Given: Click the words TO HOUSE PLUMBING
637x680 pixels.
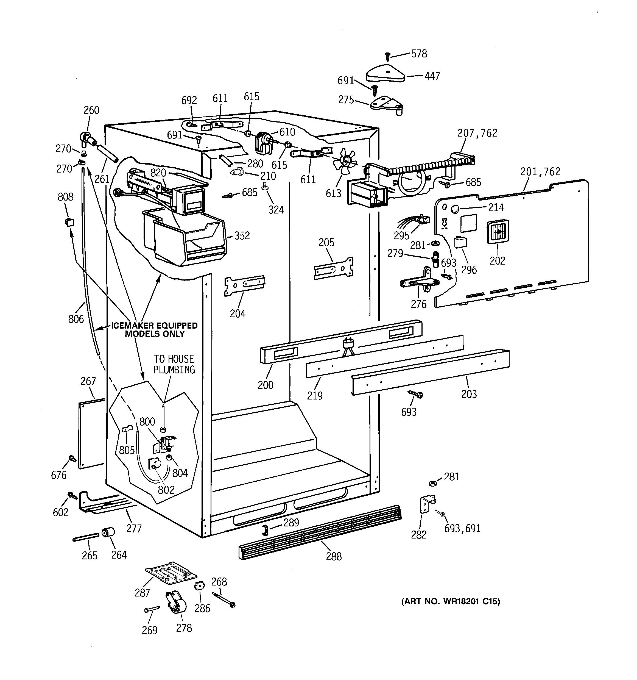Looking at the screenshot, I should click(x=174, y=364).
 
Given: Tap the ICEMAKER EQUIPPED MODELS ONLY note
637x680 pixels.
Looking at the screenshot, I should click(x=155, y=330).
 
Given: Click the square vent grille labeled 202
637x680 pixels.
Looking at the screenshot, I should click(x=498, y=232).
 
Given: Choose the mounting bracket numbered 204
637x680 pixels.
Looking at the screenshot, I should click(x=244, y=285).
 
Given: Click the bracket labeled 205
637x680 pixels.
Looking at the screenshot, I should click(x=333, y=268).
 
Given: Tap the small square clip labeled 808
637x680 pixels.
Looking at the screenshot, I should click(x=69, y=222).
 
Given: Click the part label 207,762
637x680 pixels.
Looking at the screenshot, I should click(x=477, y=133).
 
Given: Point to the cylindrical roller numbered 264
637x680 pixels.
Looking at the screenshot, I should click(x=108, y=532).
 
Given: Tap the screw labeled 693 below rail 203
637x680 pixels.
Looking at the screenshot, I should click(x=416, y=394).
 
